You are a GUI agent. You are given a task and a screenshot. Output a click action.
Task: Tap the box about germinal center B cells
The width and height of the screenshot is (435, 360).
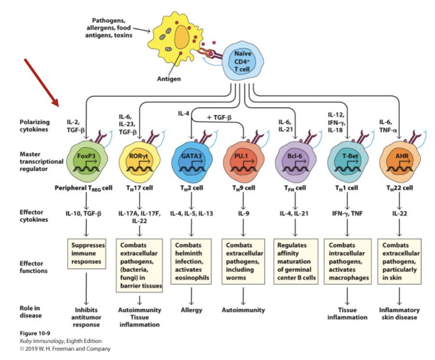tap(295, 261)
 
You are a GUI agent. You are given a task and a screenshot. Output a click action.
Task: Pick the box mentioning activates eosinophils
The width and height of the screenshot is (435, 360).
tap(191, 261)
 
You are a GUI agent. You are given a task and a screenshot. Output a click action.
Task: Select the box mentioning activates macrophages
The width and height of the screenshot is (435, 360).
tap(347, 261)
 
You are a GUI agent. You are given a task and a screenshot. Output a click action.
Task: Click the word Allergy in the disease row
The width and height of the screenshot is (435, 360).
tap(191, 310)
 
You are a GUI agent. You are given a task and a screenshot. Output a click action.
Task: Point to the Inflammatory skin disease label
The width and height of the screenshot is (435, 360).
tap(399, 314)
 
